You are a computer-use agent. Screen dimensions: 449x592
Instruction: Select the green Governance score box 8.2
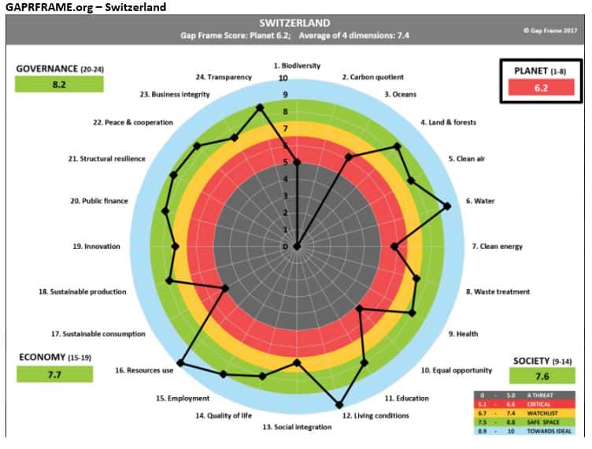point(58,83)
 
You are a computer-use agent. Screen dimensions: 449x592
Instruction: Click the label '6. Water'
point(479,201)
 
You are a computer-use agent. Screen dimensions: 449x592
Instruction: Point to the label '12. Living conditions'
point(376,415)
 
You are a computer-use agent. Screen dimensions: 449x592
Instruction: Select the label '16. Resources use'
point(144,370)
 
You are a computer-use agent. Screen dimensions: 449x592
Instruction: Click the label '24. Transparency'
point(224,77)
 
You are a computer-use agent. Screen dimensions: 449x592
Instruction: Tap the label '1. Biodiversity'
point(297,66)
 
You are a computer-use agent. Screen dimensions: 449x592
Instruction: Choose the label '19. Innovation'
point(97,247)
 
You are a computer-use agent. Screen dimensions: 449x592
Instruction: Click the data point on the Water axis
point(447,206)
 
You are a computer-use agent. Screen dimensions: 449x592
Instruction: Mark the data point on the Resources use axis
point(179,363)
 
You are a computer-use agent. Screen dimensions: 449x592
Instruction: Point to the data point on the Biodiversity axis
point(297,162)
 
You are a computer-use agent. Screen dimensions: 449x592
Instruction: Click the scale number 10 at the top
point(283,78)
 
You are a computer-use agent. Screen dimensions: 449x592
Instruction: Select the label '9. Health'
point(467,334)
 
